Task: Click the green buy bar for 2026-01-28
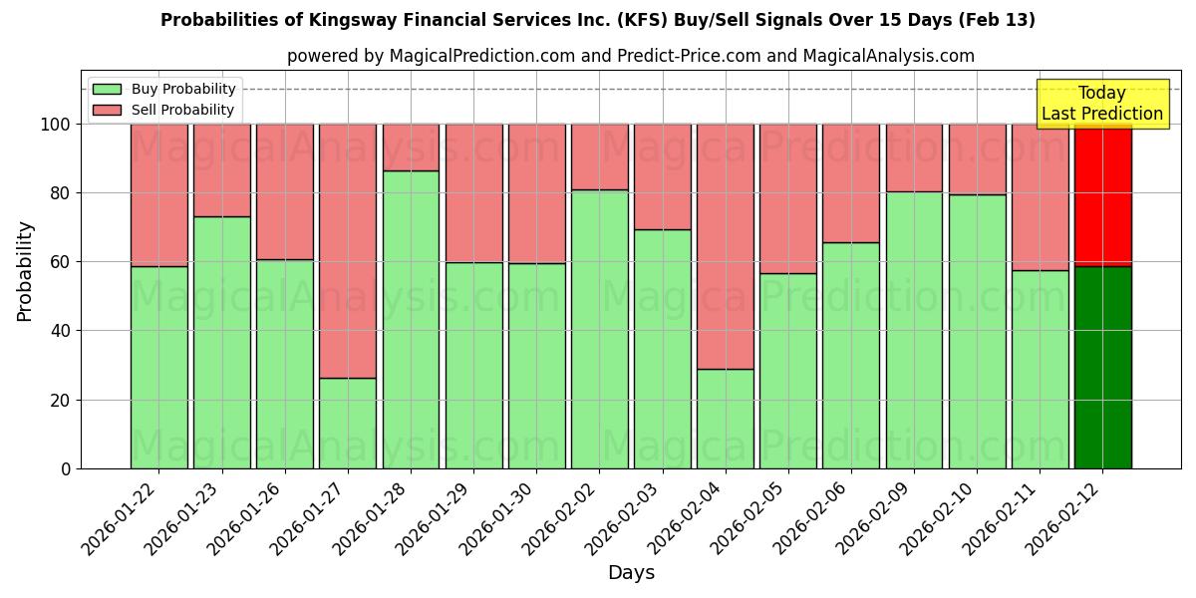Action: pos(411,319)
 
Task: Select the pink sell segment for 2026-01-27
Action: pos(348,250)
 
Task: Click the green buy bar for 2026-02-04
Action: pos(726,419)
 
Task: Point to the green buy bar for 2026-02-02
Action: pos(600,329)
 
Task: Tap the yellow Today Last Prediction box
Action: pos(1101,104)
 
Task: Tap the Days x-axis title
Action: pos(631,573)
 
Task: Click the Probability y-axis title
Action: pos(25,271)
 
